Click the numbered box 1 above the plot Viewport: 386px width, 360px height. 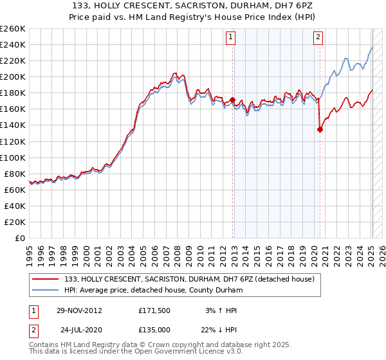231,37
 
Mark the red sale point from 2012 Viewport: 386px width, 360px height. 232,100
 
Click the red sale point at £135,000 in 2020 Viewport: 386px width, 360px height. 320,129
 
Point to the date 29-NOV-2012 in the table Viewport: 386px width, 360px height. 78,310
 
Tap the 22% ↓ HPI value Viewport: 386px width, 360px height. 220,330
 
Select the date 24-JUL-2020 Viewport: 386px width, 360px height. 80,330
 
